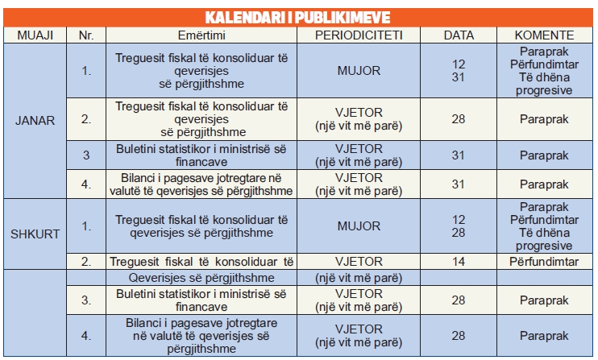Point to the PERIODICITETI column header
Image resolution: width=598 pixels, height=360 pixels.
pos(358,35)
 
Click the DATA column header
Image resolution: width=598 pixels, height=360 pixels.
pos(459,35)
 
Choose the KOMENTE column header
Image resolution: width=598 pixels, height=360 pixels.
pos(545,35)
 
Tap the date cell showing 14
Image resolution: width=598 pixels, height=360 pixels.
pos(459,261)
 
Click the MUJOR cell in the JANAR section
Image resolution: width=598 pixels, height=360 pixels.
pos(358,71)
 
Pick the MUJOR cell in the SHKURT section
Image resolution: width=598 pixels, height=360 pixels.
pos(358,226)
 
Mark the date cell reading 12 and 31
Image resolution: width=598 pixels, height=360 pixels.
pos(459,71)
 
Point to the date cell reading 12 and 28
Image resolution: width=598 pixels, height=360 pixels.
pos(459,226)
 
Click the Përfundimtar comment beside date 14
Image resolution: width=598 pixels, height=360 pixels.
pos(545,261)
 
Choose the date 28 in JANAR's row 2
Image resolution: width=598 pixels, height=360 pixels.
pos(459,119)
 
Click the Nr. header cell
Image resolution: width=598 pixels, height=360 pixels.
pos(86,35)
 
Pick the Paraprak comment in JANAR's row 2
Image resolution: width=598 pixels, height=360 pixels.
pos(545,119)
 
